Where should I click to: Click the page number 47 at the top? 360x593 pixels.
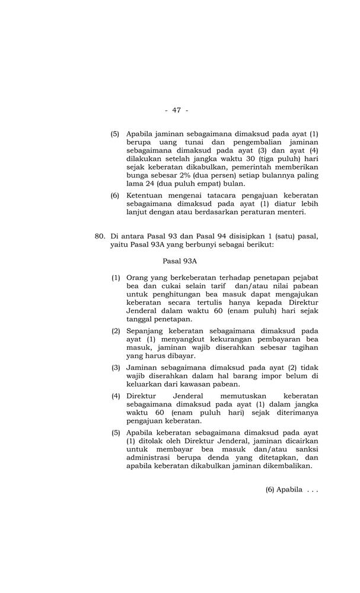coord(176,110)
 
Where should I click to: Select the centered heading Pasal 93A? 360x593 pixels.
coord(180,260)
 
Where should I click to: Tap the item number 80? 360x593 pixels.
coord(100,235)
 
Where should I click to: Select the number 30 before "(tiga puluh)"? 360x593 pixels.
coord(242,159)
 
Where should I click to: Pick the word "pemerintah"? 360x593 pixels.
coord(251,167)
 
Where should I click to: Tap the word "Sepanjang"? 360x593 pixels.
coord(146,330)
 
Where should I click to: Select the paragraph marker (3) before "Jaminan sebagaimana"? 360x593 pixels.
coord(116,367)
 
